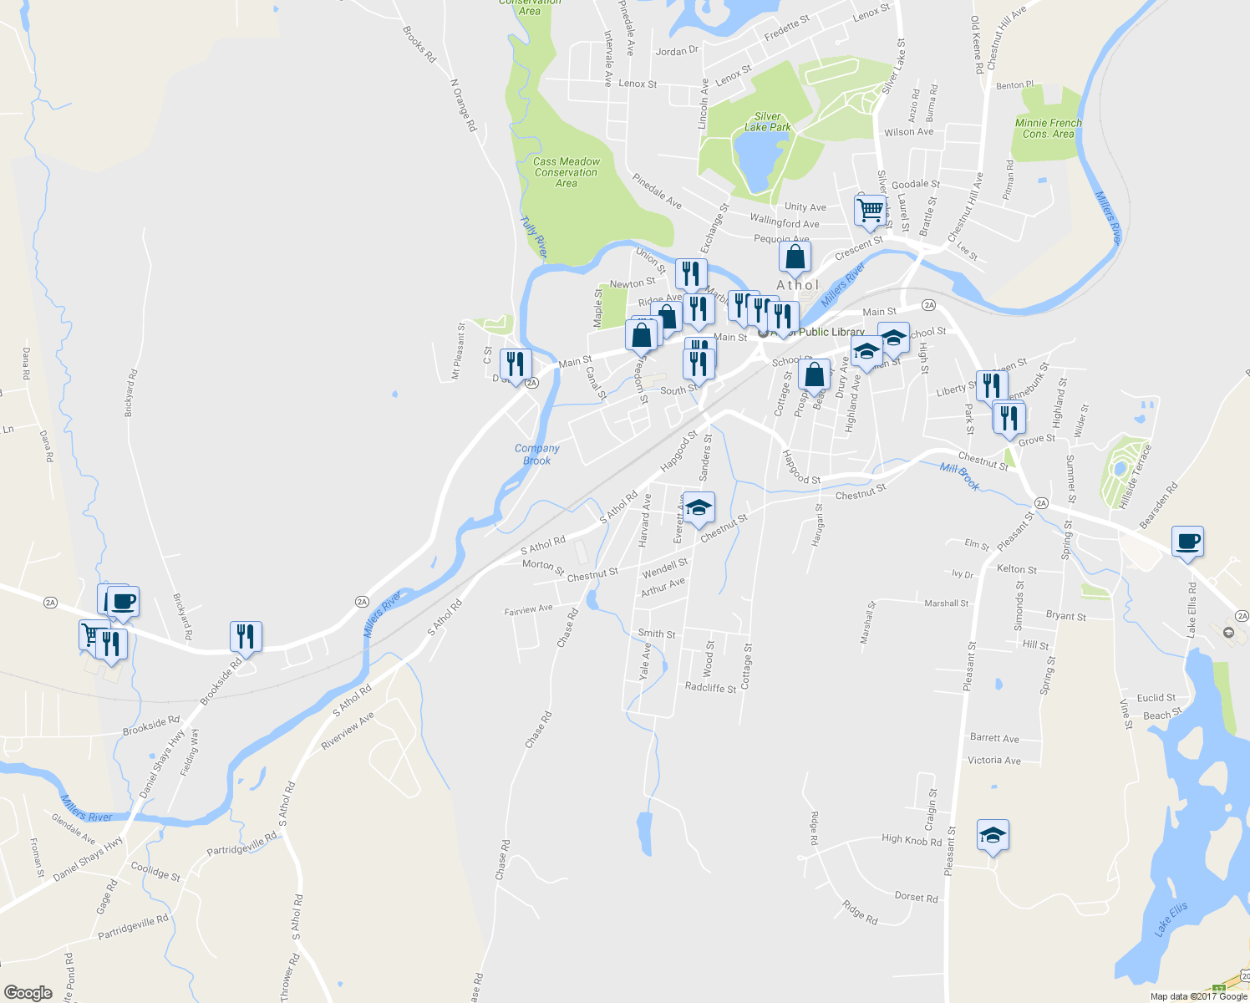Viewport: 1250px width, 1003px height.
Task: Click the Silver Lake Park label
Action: (767, 122)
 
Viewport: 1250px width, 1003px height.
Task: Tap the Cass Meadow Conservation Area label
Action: (566, 172)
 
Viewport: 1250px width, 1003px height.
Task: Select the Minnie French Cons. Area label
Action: (1048, 128)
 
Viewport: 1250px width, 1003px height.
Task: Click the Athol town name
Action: (798, 285)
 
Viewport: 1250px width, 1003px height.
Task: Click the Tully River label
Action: (533, 236)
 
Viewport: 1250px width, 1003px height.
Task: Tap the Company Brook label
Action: (536, 454)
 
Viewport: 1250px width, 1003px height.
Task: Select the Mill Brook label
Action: (958, 476)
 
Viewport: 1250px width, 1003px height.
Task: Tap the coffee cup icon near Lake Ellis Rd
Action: (1187, 542)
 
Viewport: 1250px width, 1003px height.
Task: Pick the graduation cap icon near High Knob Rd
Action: (992, 835)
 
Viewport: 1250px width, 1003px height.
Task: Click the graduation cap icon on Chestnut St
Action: (699, 507)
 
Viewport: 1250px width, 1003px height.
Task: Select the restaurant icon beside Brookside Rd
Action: (245, 637)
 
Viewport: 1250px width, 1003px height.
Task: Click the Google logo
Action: (28, 992)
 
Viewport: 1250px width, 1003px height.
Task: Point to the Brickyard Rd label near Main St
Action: (183, 616)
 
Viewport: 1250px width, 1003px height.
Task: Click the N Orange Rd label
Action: (463, 105)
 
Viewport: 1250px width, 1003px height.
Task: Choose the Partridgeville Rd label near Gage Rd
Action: (133, 926)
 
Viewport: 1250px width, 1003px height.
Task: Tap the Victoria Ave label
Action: (993, 761)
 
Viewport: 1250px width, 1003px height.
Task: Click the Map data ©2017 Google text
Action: (1198, 996)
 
